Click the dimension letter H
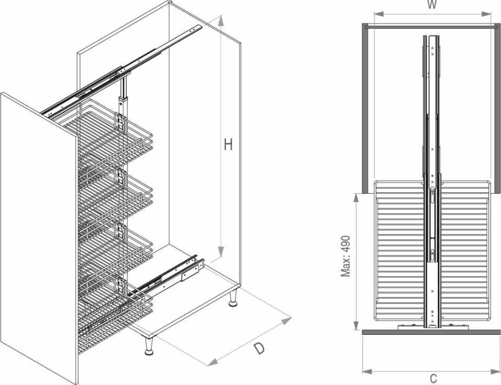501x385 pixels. click(228, 145)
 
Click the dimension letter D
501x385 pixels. click(259, 348)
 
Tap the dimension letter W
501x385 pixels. click(432, 5)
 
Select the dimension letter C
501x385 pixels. click(433, 379)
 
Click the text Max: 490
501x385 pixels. click(345, 256)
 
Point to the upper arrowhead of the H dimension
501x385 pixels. click(220, 20)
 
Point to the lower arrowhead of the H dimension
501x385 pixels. click(220, 251)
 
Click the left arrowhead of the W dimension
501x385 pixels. click(379, 14)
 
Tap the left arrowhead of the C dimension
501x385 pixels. click(367, 371)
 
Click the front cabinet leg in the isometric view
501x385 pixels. click(149, 345)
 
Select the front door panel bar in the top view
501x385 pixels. click(431, 332)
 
